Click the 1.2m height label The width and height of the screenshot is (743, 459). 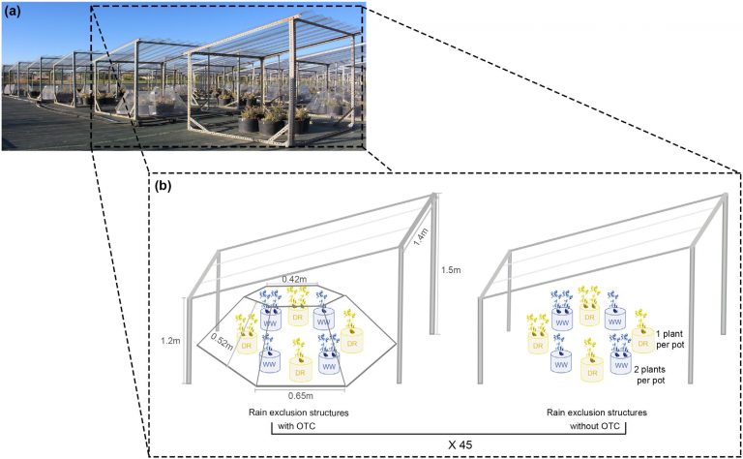tap(171, 341)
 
